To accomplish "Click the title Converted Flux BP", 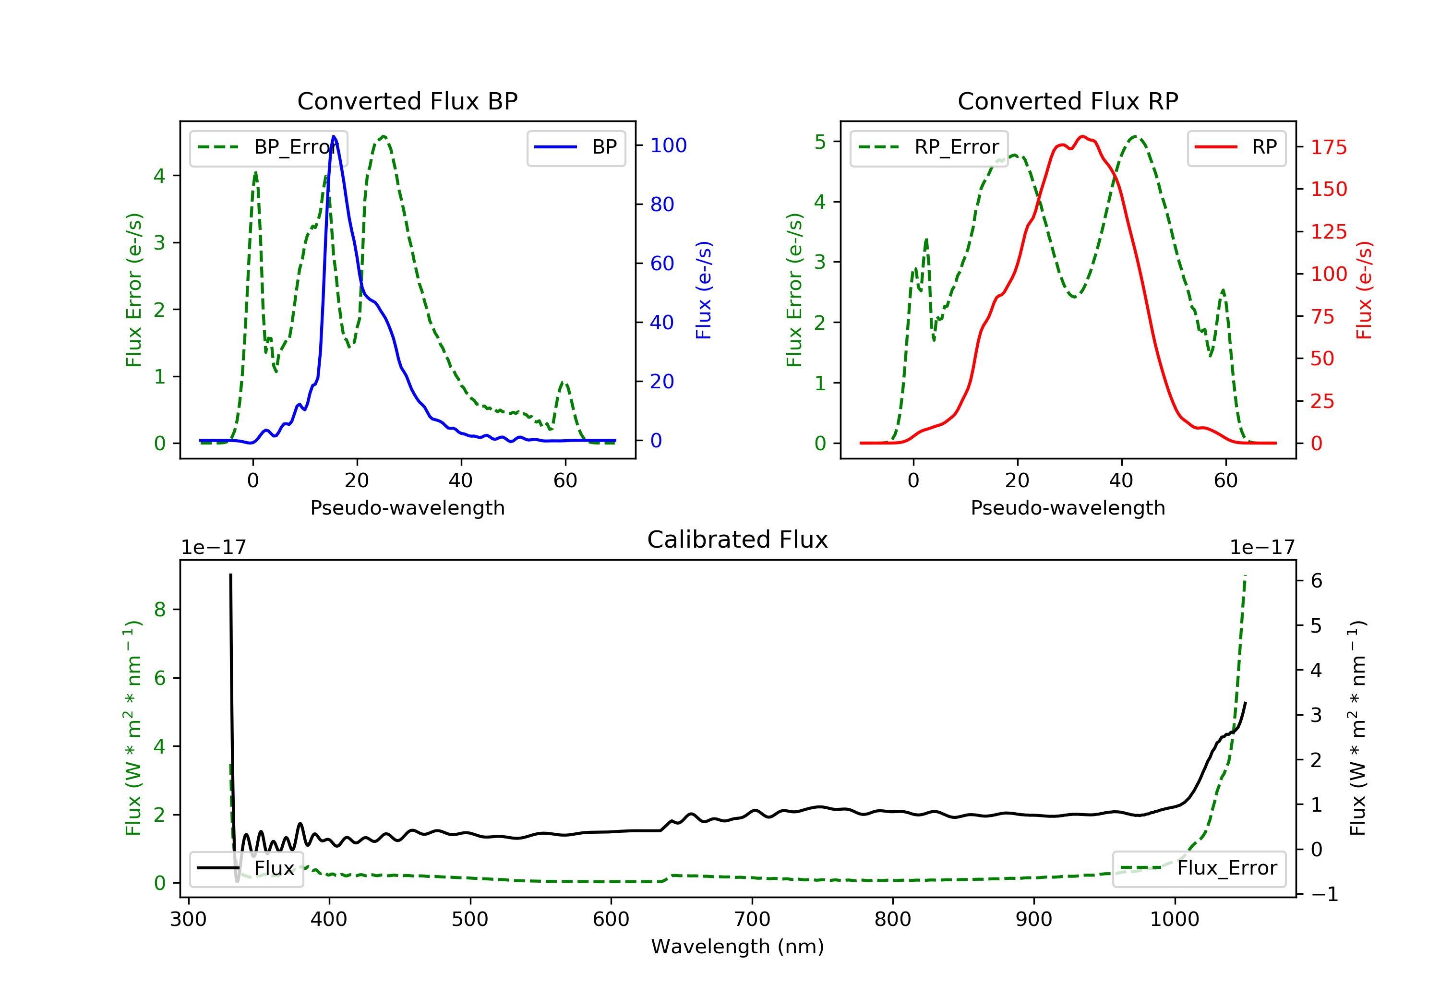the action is (407, 101).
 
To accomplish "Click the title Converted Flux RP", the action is (1068, 101).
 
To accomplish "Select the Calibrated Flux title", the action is (738, 540).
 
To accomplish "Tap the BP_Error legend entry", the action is (268, 147).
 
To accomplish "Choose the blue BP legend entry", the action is (576, 147).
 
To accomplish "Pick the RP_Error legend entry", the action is (929, 147).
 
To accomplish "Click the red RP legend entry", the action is (1236, 147).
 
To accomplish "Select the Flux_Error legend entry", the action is (1199, 868).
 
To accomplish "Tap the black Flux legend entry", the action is (247, 868).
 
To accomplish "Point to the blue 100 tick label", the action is (669, 145).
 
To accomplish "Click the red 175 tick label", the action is (1328, 147).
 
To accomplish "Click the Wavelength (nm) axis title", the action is (738, 946).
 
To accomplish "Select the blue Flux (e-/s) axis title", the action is (704, 290).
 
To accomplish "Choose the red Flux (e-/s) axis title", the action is (1364, 290).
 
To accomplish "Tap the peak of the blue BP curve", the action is (334, 136).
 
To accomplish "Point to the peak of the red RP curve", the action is (1082, 136).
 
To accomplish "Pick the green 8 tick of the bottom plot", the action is (160, 609).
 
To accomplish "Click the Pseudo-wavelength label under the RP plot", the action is (1068, 507).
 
